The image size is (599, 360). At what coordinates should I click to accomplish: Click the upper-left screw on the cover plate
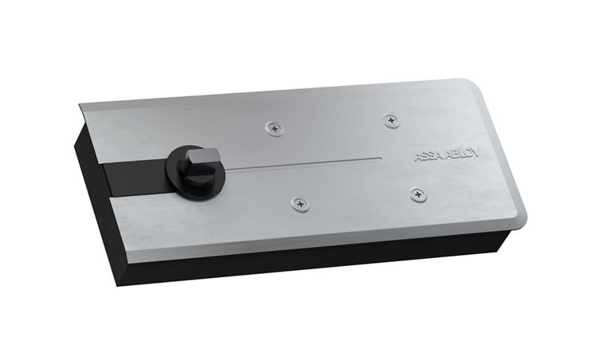point(275,128)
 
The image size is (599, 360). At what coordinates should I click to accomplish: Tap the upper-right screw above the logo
point(391,121)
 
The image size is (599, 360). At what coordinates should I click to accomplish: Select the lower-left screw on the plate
point(300,204)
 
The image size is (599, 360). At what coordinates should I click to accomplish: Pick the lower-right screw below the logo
point(419,195)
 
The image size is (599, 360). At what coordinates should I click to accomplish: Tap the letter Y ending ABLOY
point(475,153)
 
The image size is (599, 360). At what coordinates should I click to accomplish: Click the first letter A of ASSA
point(418,157)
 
